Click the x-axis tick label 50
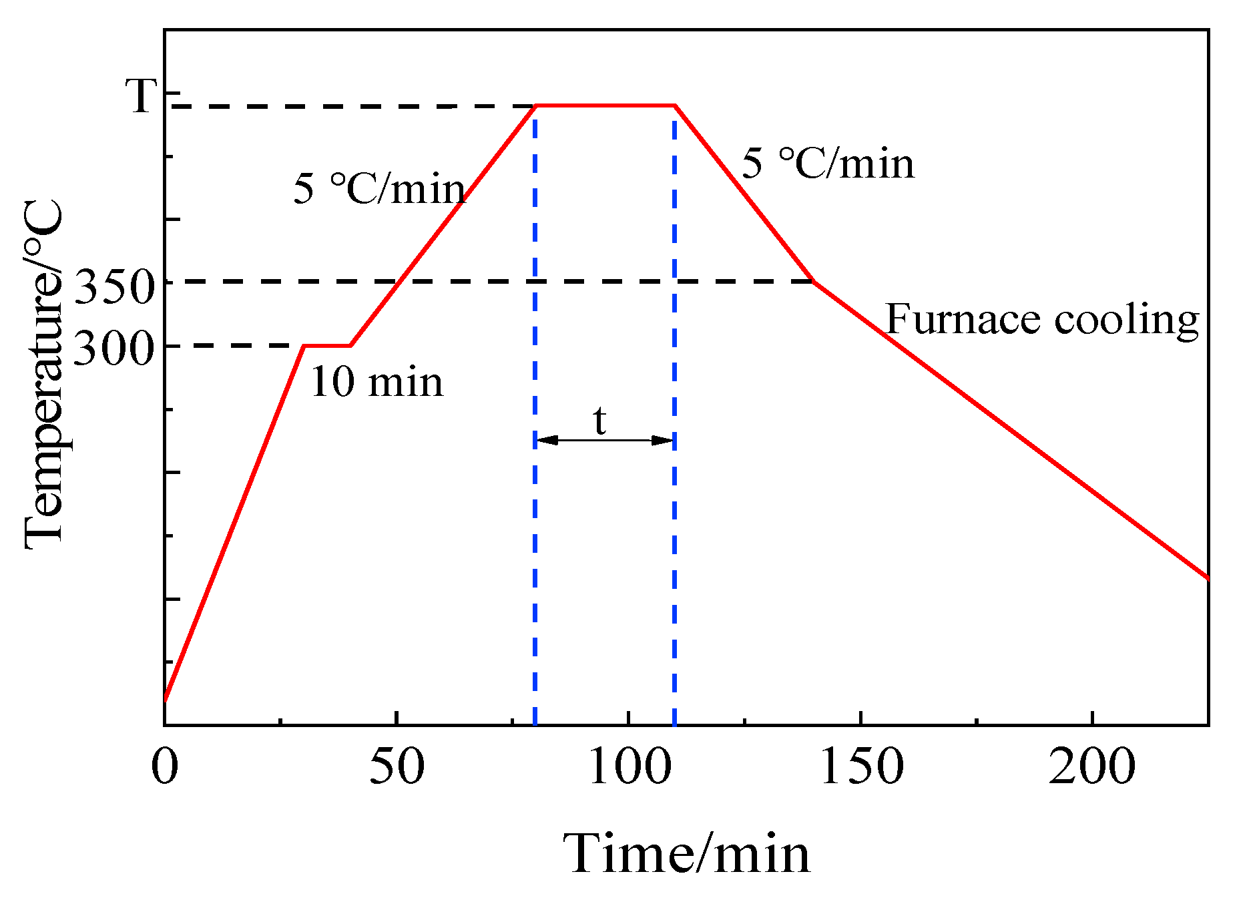click(397, 767)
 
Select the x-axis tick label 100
click(629, 767)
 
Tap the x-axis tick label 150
click(861, 767)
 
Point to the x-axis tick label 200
click(1092, 767)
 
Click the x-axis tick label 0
click(165, 767)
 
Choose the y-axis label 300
click(114, 349)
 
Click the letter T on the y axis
click(142, 96)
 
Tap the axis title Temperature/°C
click(44, 374)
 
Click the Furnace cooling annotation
click(1042, 320)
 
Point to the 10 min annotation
click(377, 383)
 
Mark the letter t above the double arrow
click(600, 421)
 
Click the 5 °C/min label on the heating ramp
click(379, 189)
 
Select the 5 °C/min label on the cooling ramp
click(828, 164)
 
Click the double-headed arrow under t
click(605, 440)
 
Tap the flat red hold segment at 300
click(327, 346)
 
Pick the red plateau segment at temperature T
click(605, 105)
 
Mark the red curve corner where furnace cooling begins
click(814, 282)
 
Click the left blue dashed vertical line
click(535, 534)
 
